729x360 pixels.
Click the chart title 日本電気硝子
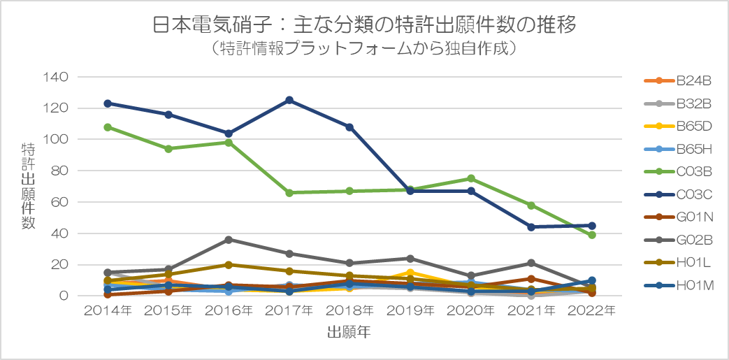pos(364,26)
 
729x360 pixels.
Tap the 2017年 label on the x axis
pos(289,310)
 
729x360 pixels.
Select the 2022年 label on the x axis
pos(592,310)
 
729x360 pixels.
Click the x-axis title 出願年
pos(349,333)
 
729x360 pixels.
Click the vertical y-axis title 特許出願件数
pos(29,186)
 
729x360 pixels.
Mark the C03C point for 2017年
pos(289,100)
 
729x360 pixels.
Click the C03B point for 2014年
pos(108,127)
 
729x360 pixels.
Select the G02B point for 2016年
pos(229,239)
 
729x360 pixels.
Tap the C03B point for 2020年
pos(471,178)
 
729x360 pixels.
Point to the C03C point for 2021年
pos(531,227)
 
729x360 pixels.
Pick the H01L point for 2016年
pos(229,264)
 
